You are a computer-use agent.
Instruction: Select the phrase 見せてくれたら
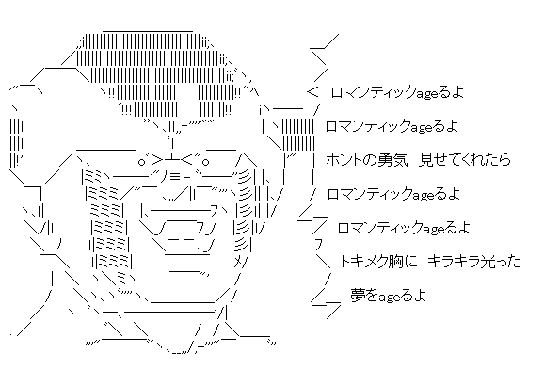(464, 160)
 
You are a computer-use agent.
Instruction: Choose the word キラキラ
(453, 262)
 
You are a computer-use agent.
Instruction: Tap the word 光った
(500, 262)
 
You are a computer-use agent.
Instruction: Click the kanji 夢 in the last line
(357, 296)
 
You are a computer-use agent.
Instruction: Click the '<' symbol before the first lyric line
(312, 93)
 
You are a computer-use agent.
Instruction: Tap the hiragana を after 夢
(372, 296)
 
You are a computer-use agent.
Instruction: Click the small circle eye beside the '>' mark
(142, 163)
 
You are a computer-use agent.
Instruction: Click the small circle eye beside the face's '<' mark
(205, 163)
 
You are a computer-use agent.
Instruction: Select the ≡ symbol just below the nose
(174, 176)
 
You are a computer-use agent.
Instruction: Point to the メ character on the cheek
(238, 263)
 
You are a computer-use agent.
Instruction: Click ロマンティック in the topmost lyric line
(374, 92)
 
